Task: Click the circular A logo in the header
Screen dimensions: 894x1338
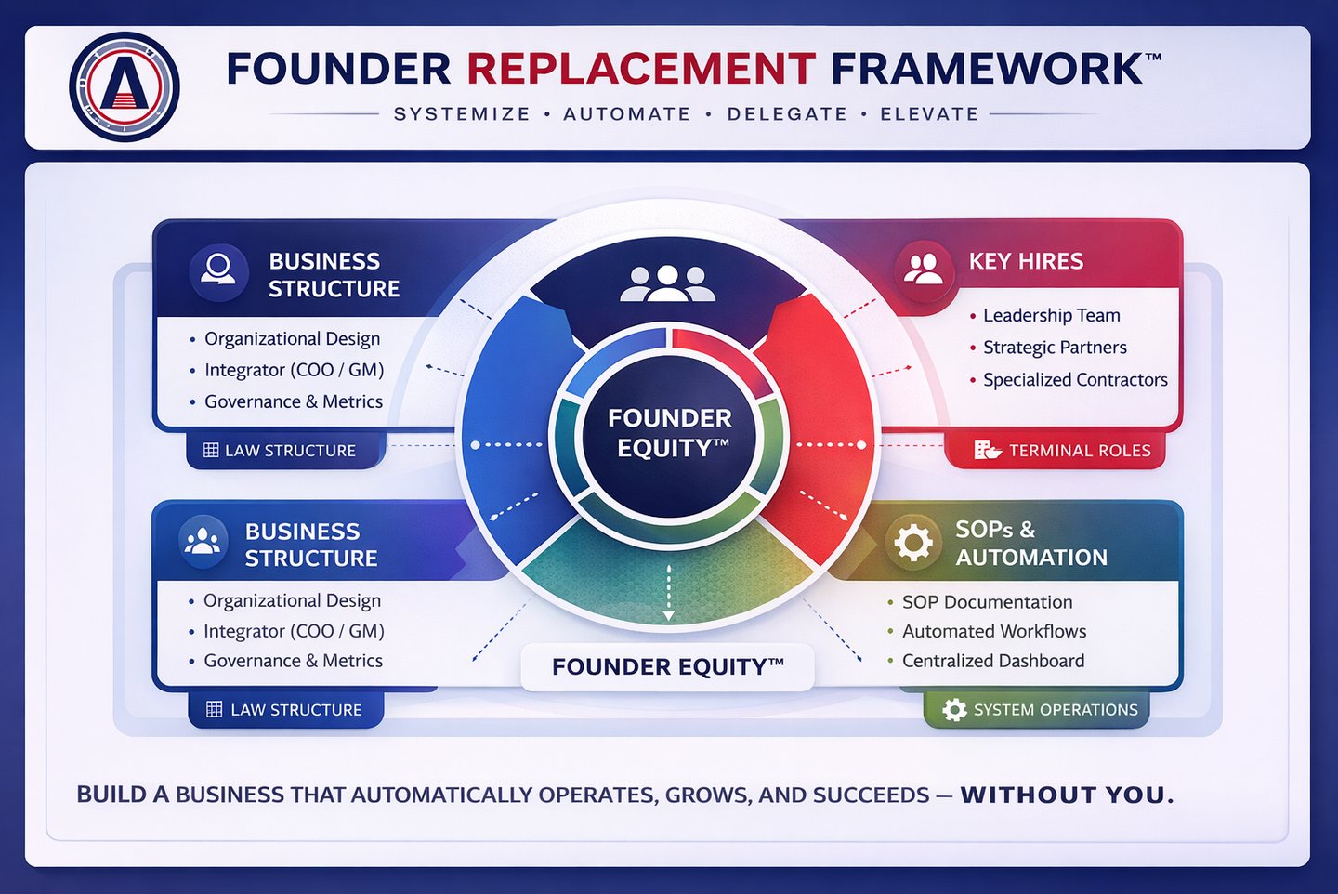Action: coord(125,86)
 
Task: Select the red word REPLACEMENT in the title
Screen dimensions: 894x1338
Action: coord(641,69)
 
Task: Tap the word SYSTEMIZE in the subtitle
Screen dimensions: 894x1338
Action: coord(462,114)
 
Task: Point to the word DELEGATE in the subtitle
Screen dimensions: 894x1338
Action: coord(787,114)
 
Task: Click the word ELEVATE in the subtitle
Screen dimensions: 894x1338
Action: coord(929,114)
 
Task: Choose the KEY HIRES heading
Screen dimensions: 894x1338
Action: coord(1026,261)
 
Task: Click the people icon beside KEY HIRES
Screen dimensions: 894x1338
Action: coord(923,269)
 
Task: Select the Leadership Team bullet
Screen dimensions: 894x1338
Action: coord(1051,316)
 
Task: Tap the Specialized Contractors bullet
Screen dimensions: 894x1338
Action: coord(1075,380)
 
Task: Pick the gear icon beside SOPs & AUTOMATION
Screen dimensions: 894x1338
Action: coord(912,542)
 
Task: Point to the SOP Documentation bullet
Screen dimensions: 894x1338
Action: coord(987,602)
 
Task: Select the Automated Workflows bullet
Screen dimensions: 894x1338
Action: coord(993,632)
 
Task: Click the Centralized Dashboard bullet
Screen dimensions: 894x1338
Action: coord(992,661)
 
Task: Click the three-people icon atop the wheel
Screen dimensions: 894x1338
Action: coord(667,283)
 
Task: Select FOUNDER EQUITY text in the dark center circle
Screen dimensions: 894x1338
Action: coord(669,433)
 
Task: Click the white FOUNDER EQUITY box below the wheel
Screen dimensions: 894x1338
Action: coord(667,667)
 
